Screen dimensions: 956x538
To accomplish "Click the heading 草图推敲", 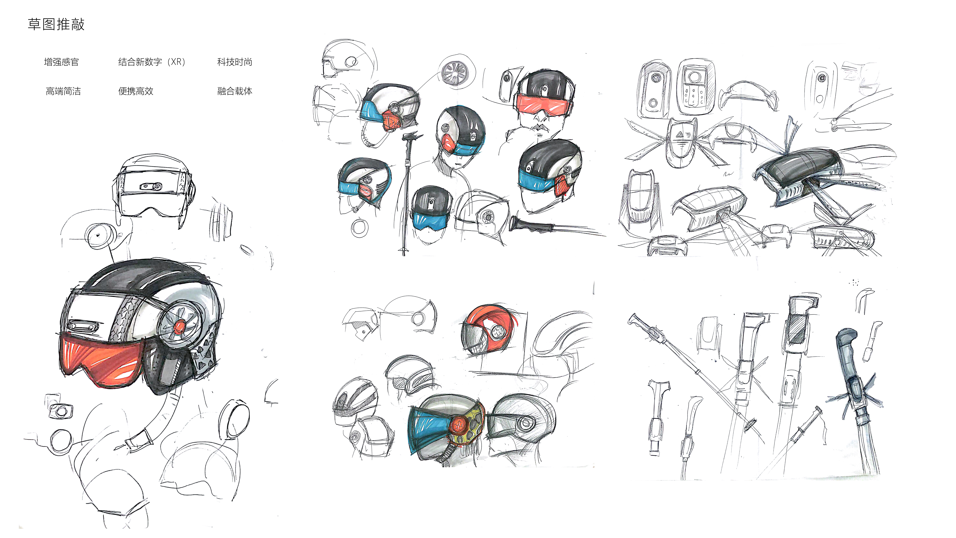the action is tap(56, 24).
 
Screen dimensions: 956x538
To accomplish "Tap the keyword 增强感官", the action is tap(61, 62).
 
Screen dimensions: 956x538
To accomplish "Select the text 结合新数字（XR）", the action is tap(151, 62).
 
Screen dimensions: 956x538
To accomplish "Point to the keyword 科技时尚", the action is tap(234, 62).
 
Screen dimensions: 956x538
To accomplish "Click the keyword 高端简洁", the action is tap(63, 91).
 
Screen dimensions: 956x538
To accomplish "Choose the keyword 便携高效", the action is tap(136, 91).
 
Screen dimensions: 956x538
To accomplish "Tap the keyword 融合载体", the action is tap(234, 91).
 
